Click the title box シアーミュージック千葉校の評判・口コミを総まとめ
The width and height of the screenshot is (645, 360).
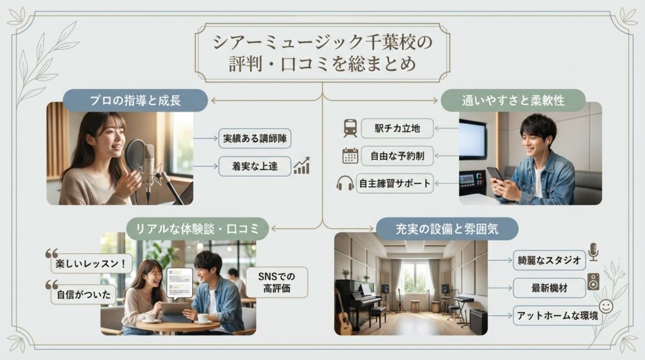[322, 54]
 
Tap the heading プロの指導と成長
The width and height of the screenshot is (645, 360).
[135, 101]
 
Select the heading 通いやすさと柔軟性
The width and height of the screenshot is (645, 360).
[513, 101]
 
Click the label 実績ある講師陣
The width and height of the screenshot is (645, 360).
[256, 138]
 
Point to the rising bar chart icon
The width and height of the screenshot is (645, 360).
[301, 166]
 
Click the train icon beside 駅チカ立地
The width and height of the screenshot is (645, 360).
[350, 128]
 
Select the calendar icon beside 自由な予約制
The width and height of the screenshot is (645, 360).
[350, 155]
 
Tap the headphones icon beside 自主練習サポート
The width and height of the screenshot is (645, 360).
[345, 183]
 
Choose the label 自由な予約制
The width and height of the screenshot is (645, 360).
[397, 155]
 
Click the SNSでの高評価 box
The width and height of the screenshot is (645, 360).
[277, 282]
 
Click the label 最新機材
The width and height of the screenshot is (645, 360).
[549, 288]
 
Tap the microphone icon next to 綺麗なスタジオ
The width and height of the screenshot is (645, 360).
[593, 252]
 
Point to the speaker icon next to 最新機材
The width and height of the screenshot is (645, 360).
[593, 282]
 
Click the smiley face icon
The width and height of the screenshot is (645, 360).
[606, 305]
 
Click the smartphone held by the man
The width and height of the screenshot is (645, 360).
[495, 173]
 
